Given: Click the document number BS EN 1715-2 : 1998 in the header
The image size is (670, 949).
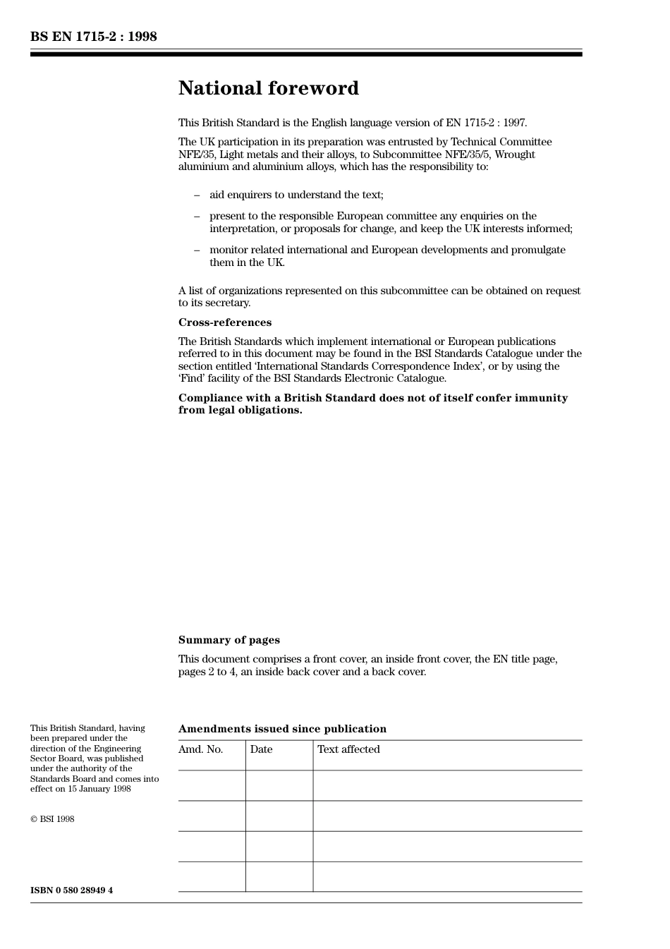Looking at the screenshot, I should pyautogui.click(x=93, y=37).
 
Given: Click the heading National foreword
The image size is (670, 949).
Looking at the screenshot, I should pyautogui.click(x=268, y=88).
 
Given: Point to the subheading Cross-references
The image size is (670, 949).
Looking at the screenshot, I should pyautogui.click(x=224, y=322).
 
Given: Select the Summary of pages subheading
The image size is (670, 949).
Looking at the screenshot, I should pyautogui.click(x=229, y=640).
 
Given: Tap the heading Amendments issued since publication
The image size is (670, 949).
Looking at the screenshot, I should pyautogui.click(x=282, y=729).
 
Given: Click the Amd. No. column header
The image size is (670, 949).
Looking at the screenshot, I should pyautogui.click(x=200, y=749).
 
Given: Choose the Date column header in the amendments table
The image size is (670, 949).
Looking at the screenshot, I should pyautogui.click(x=261, y=749).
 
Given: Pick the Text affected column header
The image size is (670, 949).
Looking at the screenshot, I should pyautogui.click(x=348, y=749).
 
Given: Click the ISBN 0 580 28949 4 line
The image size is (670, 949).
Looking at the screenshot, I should pyautogui.click(x=71, y=890).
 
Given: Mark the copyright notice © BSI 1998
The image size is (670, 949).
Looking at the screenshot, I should pyautogui.click(x=52, y=819).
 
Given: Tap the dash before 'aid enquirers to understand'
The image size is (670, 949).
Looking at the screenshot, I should pyautogui.click(x=197, y=195).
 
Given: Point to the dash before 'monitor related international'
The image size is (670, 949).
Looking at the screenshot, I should pyautogui.click(x=197, y=250).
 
